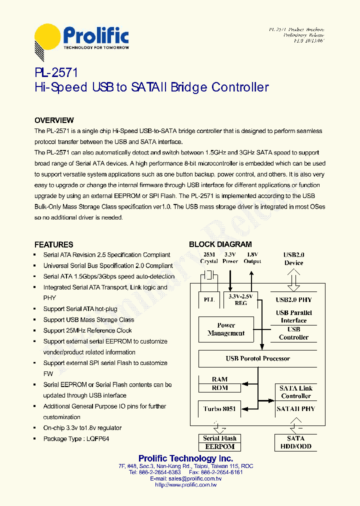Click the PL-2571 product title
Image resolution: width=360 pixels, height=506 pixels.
(x=56, y=73)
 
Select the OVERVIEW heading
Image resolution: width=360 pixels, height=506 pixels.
(x=54, y=120)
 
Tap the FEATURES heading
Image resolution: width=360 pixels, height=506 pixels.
(x=53, y=244)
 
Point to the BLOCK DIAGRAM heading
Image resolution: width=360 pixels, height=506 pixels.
(x=220, y=244)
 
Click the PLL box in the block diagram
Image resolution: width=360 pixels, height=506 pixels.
(x=209, y=299)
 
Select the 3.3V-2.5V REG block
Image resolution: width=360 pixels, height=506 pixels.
(x=241, y=299)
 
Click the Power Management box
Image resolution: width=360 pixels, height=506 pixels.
(x=226, y=329)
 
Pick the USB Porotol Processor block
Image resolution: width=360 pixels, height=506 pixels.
(x=257, y=358)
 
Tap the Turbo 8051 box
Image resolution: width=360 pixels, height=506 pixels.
(x=219, y=409)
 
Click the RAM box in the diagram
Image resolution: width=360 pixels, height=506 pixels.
(x=219, y=380)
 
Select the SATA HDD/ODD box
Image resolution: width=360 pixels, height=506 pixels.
(x=296, y=442)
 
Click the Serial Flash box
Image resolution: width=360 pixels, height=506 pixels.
(x=219, y=438)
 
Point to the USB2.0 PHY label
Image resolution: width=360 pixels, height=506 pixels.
(x=293, y=300)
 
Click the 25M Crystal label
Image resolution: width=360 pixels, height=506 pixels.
(x=209, y=258)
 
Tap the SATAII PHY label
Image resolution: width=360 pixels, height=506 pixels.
(x=296, y=409)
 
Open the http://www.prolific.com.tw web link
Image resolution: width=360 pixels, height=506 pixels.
(x=185, y=484)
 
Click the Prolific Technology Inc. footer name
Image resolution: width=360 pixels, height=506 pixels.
(x=185, y=458)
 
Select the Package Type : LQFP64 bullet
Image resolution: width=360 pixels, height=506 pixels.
(x=76, y=439)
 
